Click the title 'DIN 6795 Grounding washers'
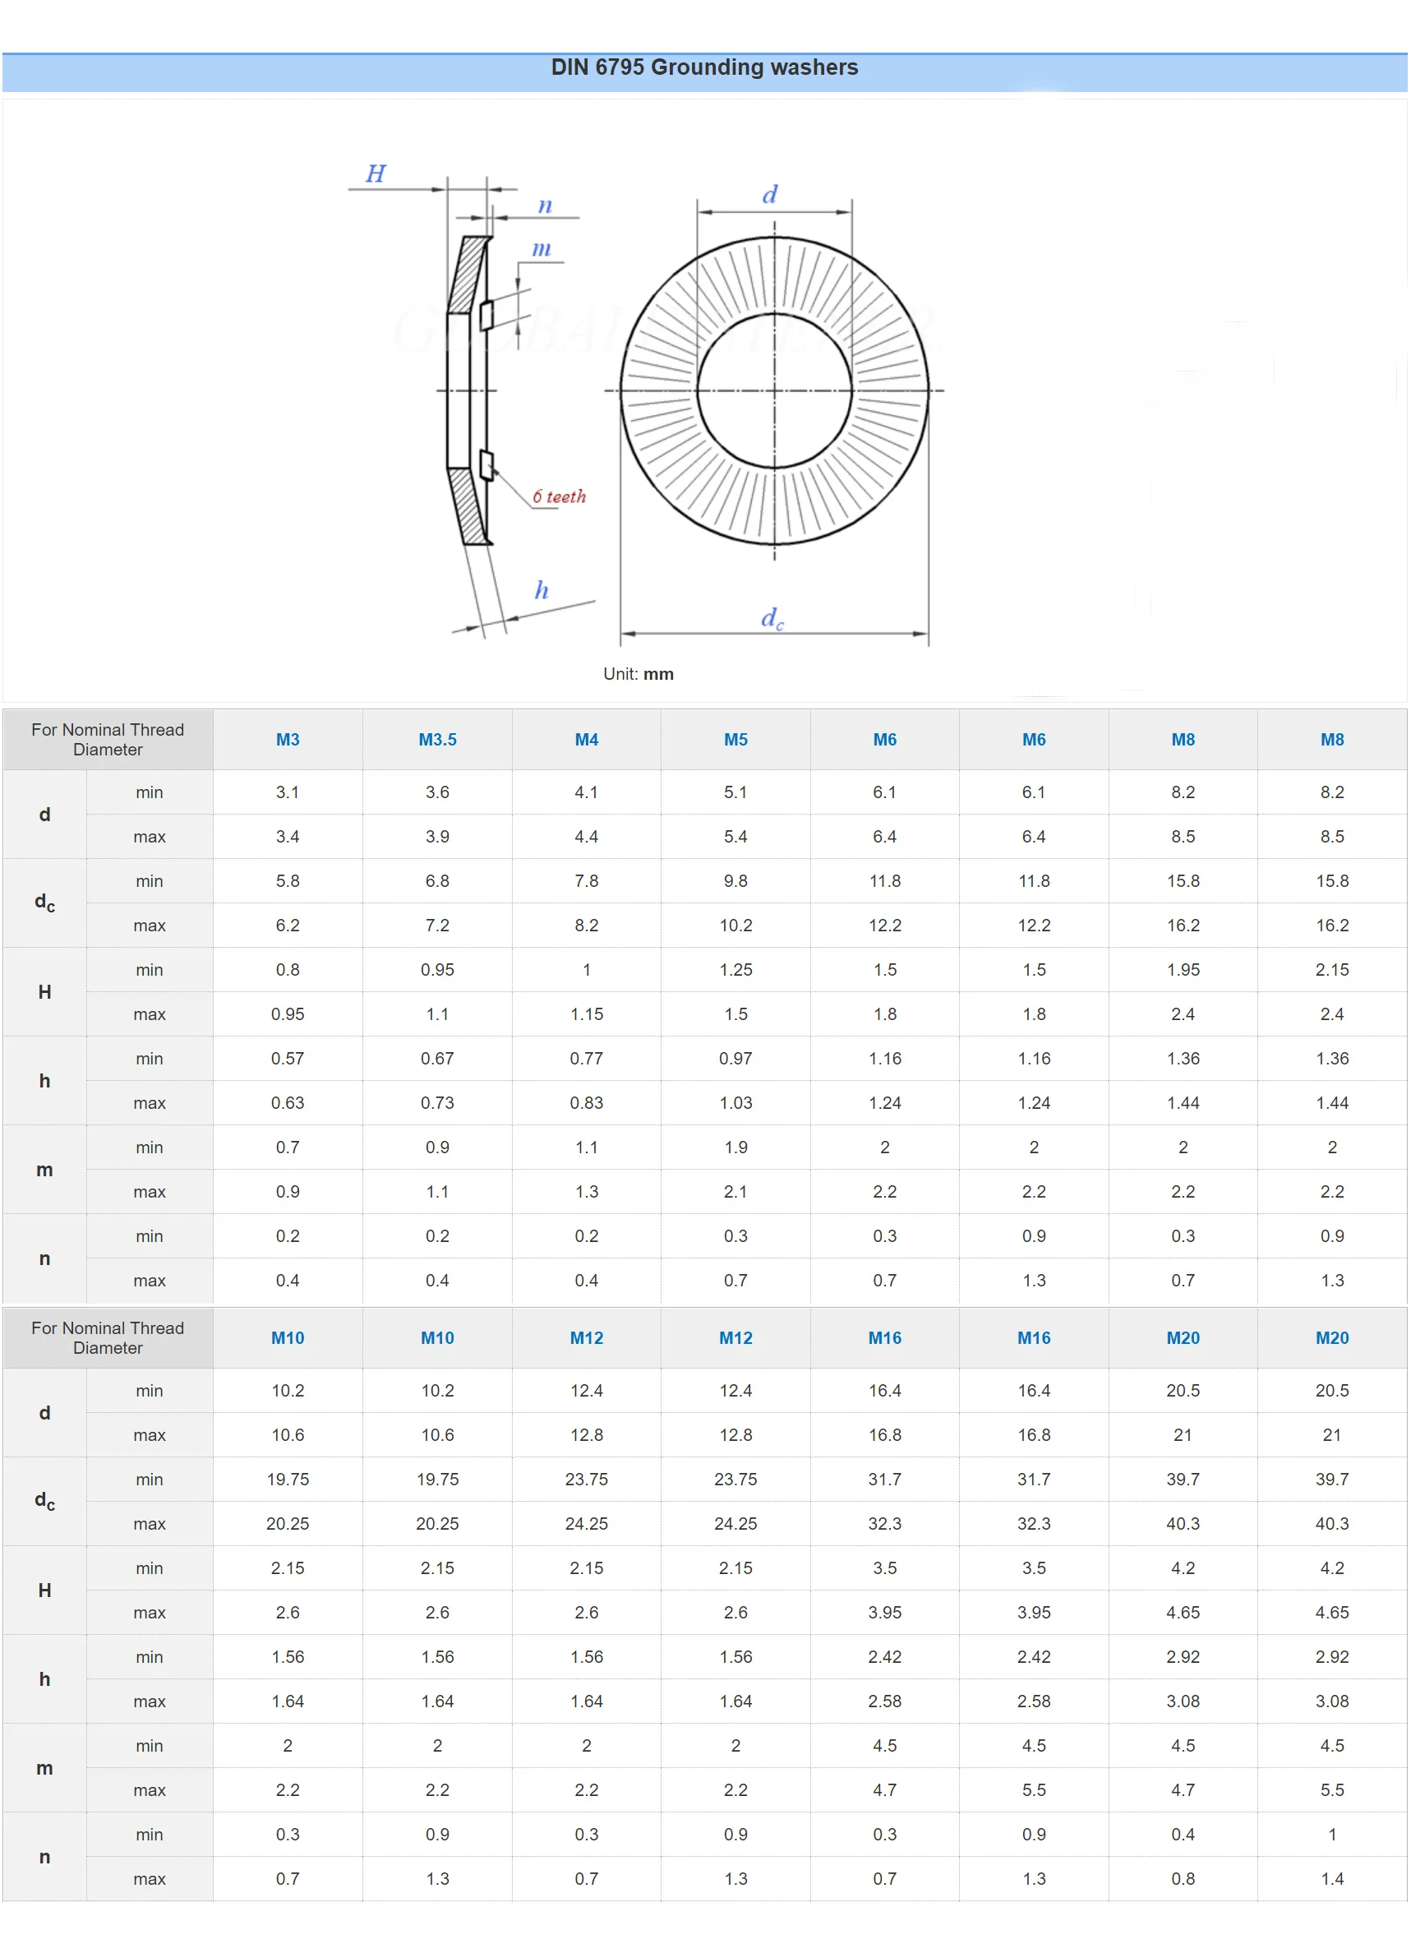[x=704, y=67]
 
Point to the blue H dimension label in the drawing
[x=376, y=173]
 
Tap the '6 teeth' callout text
[x=559, y=496]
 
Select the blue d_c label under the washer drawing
[x=772, y=618]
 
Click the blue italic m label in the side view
[x=541, y=249]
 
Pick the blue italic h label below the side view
[x=542, y=589]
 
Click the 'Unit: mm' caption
[x=638, y=673]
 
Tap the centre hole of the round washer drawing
[x=774, y=390]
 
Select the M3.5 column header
[x=437, y=739]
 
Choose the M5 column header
[x=735, y=739]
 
